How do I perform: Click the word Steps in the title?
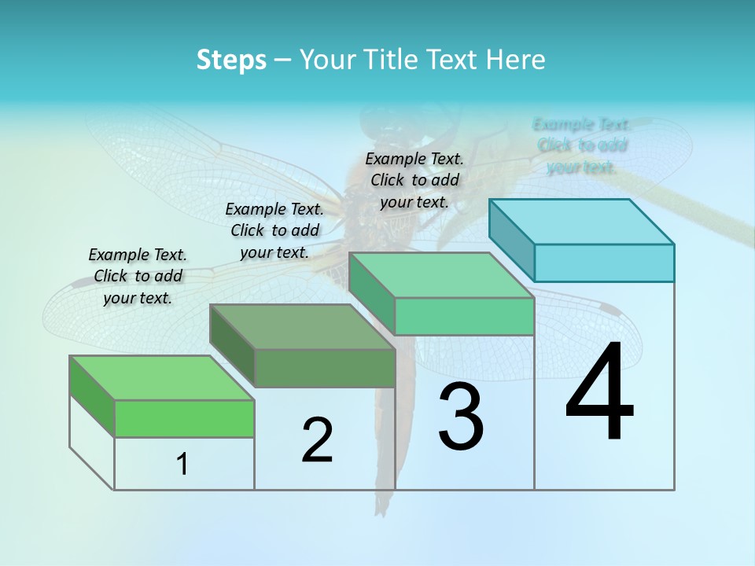click(231, 59)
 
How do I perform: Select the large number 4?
click(599, 393)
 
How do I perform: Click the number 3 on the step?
click(461, 417)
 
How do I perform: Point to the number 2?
click(317, 440)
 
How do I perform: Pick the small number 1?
click(182, 465)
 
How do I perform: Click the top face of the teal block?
click(582, 221)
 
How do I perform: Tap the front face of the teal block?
click(604, 263)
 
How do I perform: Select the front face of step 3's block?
click(464, 316)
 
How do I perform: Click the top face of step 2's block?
click(302, 327)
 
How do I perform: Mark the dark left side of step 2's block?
click(233, 346)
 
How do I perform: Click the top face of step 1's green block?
click(162, 378)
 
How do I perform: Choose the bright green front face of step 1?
click(184, 418)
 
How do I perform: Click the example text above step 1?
click(138, 276)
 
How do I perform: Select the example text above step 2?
click(274, 230)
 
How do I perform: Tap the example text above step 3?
click(414, 180)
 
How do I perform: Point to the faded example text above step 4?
click(581, 145)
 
